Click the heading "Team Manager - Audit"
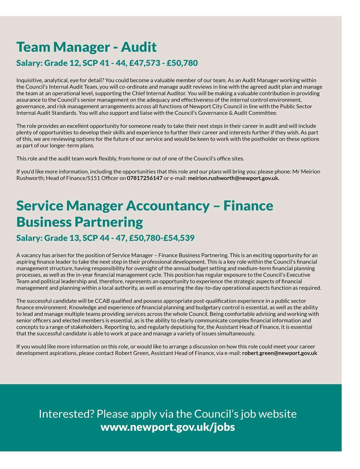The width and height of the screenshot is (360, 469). pos(86,47)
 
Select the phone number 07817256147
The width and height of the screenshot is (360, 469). pos(144,178)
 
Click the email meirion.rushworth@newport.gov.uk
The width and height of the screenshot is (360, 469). pos(233,178)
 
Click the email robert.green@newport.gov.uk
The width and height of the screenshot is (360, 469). pos(279,353)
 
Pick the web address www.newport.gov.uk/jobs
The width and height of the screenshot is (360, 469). pos(167,427)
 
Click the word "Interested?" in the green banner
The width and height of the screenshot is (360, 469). pos(66,414)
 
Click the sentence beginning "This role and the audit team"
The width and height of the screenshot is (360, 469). pos(130,159)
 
